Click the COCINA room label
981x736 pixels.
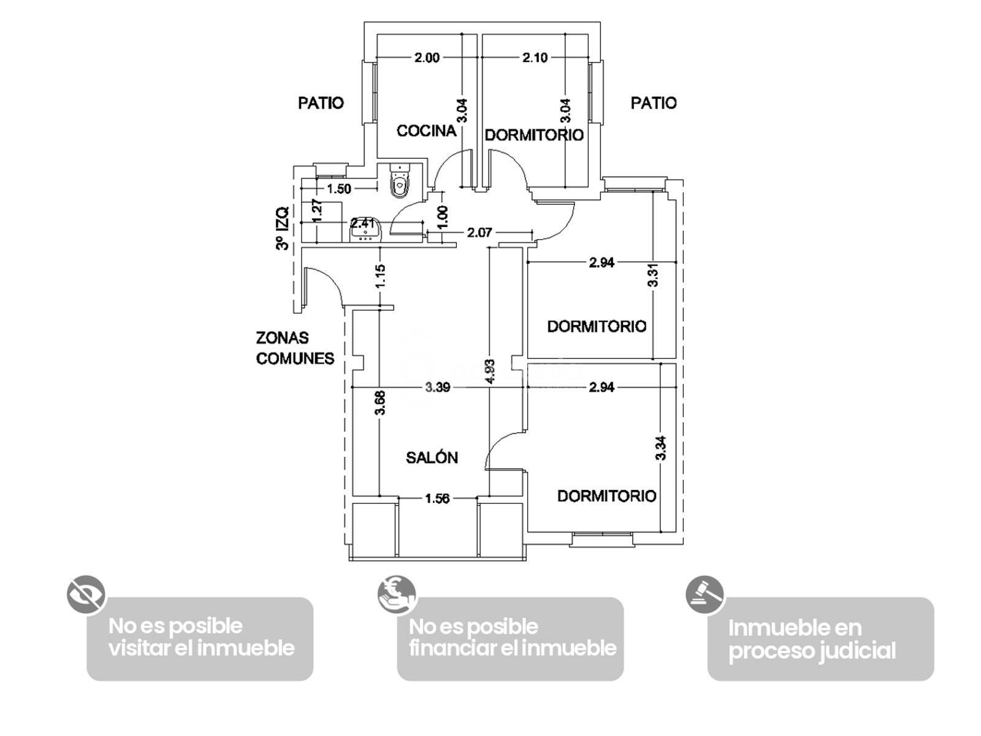pyautogui.click(x=426, y=131)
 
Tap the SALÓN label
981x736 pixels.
pyautogui.click(x=432, y=458)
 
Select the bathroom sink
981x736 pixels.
pyautogui.click(x=365, y=229)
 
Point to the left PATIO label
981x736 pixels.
pyautogui.click(x=321, y=103)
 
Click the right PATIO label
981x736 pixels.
pyautogui.click(x=654, y=103)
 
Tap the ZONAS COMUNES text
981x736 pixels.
pyautogui.click(x=295, y=348)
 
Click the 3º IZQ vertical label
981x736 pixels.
pyautogui.click(x=283, y=228)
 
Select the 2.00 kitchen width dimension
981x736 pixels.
pyautogui.click(x=427, y=58)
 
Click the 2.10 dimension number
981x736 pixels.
pyautogui.click(x=535, y=58)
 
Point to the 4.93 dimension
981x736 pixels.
pyautogui.click(x=490, y=371)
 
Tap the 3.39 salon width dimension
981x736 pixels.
pyautogui.click(x=437, y=387)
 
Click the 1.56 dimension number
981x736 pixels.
pyautogui.click(x=437, y=498)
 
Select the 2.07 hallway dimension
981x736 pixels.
pyautogui.click(x=479, y=232)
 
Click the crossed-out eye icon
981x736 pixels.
pyautogui.click(x=86, y=595)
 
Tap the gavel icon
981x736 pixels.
pyautogui.click(x=705, y=595)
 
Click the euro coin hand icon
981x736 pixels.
pyautogui.click(x=397, y=595)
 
